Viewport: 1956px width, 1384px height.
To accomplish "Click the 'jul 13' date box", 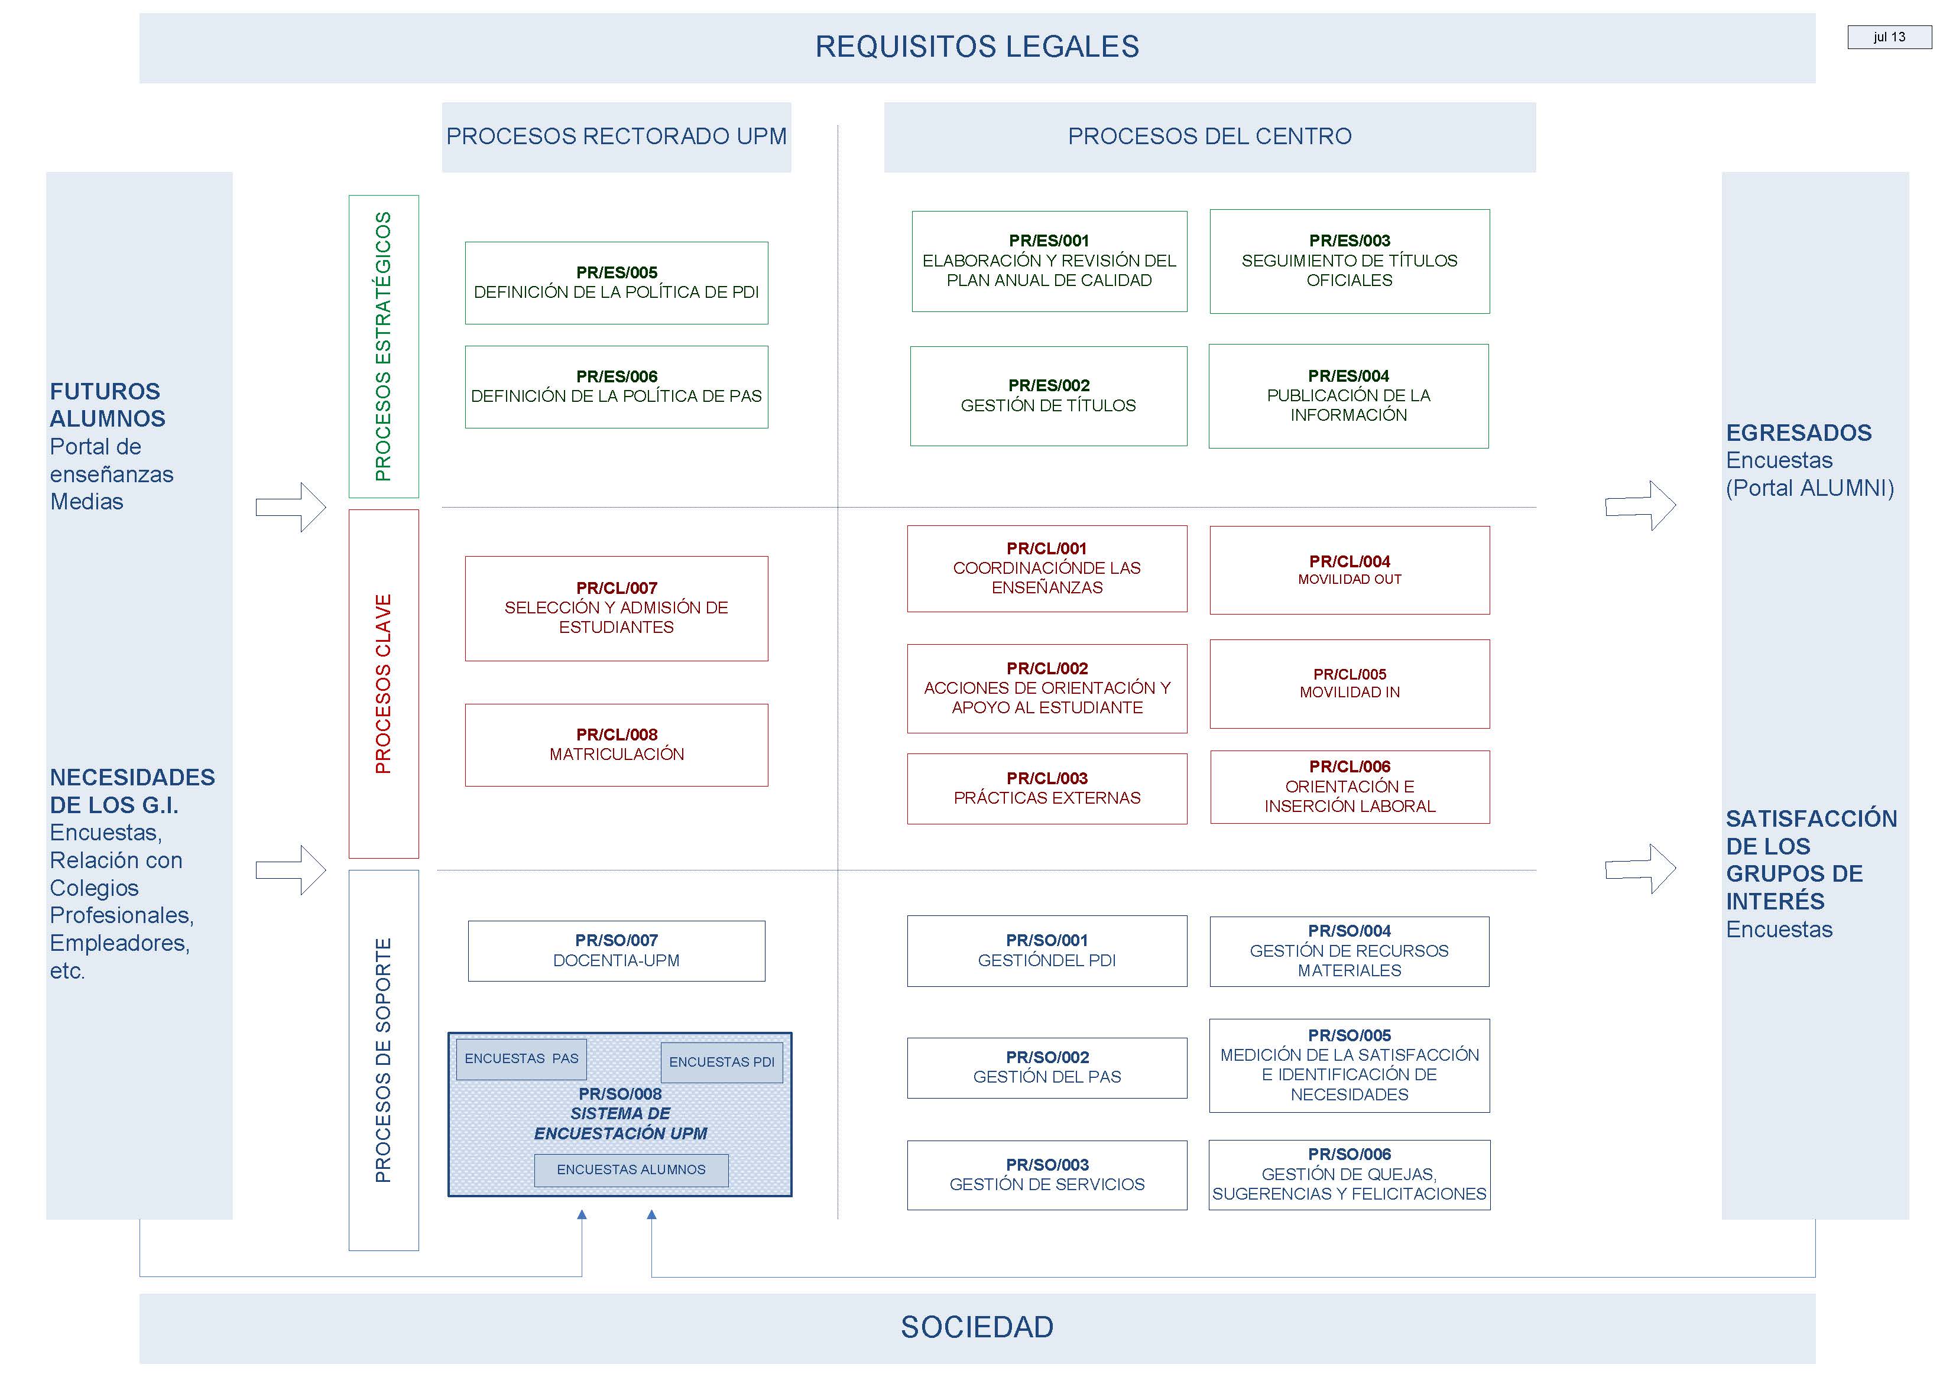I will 1889,37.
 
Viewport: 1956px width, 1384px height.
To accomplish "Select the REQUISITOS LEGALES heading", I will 977,47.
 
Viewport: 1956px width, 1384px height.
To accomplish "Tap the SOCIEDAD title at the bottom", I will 977,1327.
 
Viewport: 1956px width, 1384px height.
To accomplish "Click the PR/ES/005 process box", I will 616,283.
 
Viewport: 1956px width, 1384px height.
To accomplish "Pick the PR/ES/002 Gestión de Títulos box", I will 1048,397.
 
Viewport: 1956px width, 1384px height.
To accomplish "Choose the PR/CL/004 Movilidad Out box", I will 1349,570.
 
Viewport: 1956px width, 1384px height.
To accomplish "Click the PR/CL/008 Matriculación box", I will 616,745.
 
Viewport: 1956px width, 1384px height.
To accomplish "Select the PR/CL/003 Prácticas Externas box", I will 1047,788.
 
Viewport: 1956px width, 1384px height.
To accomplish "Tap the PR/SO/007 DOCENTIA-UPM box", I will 616,951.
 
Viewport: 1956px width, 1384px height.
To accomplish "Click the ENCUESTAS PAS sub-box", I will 521,1058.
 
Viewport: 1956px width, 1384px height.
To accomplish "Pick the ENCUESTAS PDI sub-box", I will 721,1062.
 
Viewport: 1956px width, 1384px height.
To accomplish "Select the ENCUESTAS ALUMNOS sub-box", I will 631,1170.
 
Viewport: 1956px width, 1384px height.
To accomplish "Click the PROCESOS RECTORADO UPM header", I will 616,137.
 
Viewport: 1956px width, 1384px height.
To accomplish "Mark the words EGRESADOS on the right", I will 1798,433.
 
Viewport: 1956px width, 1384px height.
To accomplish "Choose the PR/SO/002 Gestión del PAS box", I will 1047,1068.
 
